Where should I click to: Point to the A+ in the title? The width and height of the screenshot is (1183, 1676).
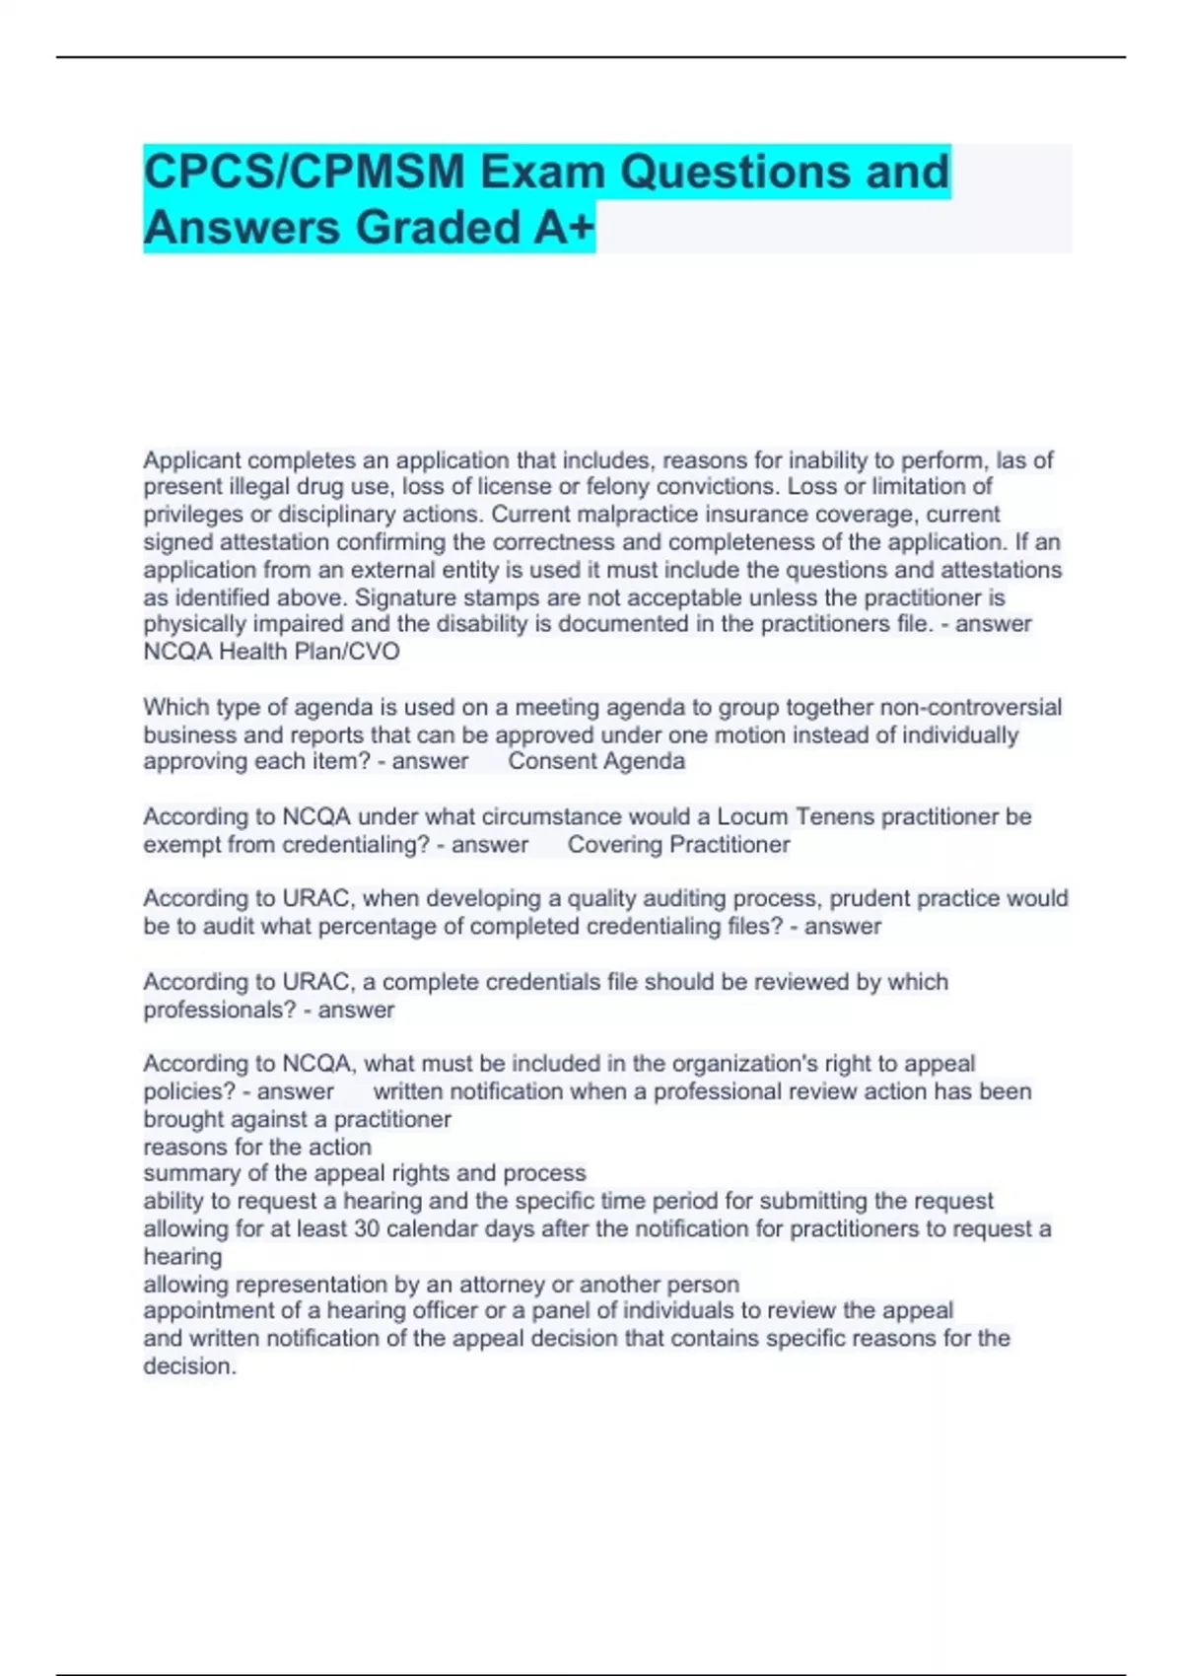pyautogui.click(x=565, y=228)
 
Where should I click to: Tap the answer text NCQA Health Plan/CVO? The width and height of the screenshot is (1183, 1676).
pyautogui.click(x=271, y=652)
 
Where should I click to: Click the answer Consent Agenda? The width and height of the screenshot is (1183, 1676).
pyautogui.click(x=595, y=761)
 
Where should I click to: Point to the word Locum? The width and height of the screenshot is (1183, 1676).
pyautogui.click(x=752, y=817)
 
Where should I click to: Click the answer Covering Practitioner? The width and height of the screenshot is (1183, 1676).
pyautogui.click(x=678, y=845)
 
